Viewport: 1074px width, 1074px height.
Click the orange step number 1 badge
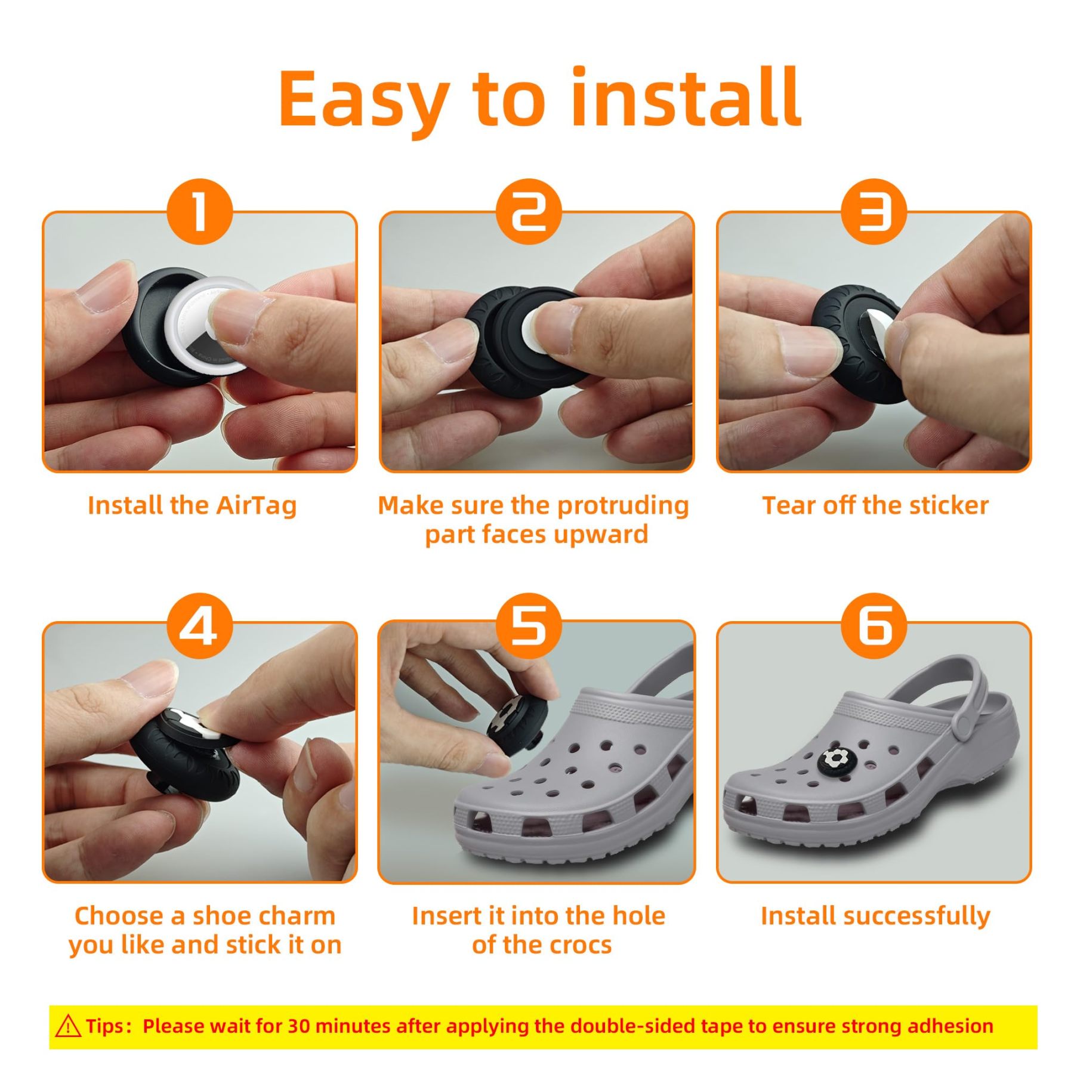[x=199, y=211]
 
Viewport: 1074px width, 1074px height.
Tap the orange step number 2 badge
[x=529, y=211]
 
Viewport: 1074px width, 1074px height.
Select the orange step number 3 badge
[x=874, y=211]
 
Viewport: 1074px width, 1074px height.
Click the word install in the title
[x=686, y=97]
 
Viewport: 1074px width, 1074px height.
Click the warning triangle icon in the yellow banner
[x=68, y=1026]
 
